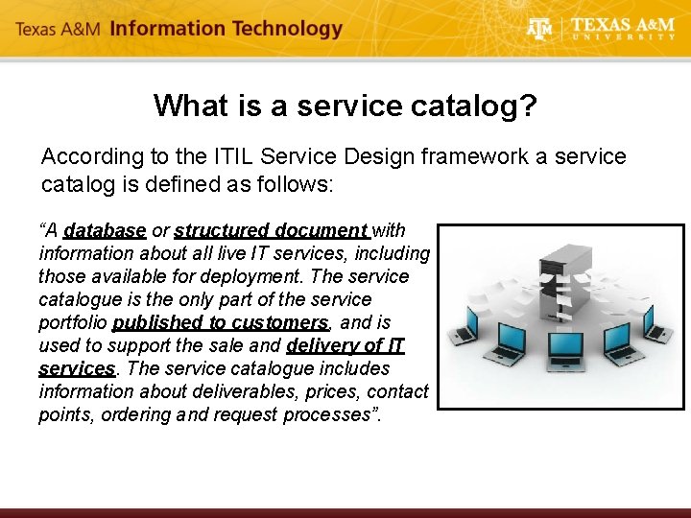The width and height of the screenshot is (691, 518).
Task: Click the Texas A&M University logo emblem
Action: [x=540, y=29]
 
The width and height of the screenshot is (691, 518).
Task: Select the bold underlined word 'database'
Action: [x=105, y=230]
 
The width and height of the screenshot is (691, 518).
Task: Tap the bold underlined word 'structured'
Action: [x=221, y=230]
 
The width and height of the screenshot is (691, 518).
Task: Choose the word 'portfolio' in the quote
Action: [x=73, y=322]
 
